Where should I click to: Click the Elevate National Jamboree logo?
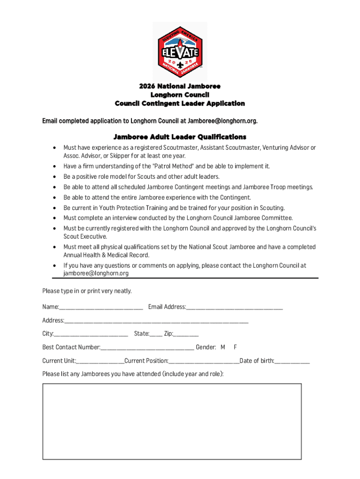click(x=180, y=51)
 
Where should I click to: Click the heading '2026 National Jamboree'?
click(x=180, y=87)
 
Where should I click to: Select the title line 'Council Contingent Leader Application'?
click(x=180, y=103)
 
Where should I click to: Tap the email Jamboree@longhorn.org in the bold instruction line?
click(x=222, y=121)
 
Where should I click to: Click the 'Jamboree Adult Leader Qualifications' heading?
click(x=180, y=137)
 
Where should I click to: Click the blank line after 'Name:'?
click(x=101, y=307)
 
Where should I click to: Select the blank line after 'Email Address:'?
click(x=234, y=307)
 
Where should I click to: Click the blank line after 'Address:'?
click(x=156, y=321)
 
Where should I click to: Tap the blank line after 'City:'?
click(x=91, y=334)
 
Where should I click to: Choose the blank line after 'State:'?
click(x=156, y=334)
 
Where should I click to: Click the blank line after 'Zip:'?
click(x=186, y=334)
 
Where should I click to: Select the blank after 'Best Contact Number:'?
click(x=147, y=348)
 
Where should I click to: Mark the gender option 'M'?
click(x=223, y=347)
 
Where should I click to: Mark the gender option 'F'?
click(x=236, y=347)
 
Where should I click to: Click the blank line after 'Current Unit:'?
click(x=100, y=361)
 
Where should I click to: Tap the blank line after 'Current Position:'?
click(x=204, y=361)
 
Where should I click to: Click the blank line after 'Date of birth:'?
click(x=292, y=361)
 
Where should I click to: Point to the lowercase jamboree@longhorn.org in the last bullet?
click(x=96, y=273)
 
